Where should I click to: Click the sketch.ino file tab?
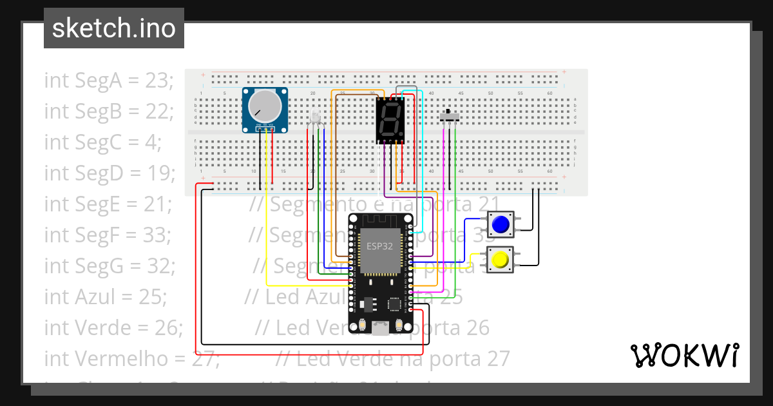(x=113, y=28)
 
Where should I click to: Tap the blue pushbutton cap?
(x=500, y=224)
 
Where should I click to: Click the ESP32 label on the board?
(x=380, y=246)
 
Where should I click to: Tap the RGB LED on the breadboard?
(x=315, y=117)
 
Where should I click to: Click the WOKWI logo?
(x=683, y=355)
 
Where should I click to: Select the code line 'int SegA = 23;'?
(x=108, y=81)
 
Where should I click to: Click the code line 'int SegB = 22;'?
(x=108, y=111)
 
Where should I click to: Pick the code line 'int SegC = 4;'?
(x=102, y=142)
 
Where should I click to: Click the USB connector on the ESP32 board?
(x=381, y=330)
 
